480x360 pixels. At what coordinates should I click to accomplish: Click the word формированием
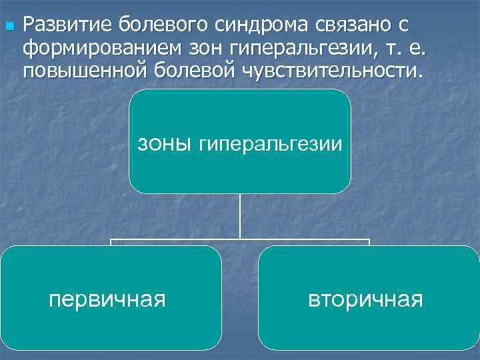(103, 48)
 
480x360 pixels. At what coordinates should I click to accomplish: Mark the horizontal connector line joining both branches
(240, 239)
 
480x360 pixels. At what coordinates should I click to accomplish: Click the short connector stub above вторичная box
(369, 242)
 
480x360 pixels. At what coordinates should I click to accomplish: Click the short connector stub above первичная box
(111, 242)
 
